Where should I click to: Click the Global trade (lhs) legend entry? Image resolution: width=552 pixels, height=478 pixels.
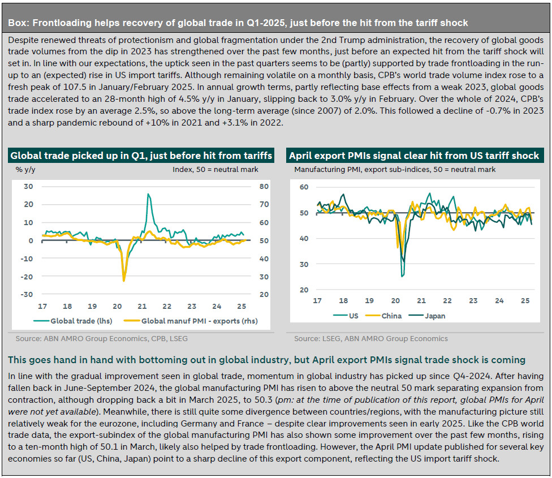coord(73,321)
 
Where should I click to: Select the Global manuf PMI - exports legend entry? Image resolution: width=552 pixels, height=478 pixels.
coord(191,321)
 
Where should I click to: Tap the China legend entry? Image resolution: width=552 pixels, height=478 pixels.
coord(383,316)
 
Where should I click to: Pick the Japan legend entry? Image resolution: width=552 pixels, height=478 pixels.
coord(426,316)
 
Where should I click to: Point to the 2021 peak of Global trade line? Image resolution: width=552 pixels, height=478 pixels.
coord(148,194)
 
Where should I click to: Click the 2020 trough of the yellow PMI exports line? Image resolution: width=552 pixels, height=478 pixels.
coord(124,281)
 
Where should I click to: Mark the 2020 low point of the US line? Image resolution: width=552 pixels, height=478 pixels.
coord(402,276)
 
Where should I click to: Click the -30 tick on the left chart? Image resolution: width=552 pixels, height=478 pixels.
coord(27,294)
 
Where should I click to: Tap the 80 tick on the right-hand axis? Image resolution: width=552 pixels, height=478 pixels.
coord(264,187)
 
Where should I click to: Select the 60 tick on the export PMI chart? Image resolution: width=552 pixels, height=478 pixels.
coord(304,187)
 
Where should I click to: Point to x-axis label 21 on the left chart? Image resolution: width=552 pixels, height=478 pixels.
coord(142,306)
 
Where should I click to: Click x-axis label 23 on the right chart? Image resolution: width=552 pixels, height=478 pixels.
coord(473,300)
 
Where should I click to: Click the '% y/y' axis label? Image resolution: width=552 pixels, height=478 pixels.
coord(25,170)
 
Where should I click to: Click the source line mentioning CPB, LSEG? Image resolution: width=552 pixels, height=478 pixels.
coord(101,339)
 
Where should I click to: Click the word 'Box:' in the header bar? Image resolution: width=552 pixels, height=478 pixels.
coord(19,23)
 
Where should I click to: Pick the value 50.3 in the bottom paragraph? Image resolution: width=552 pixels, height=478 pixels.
coord(262,400)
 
